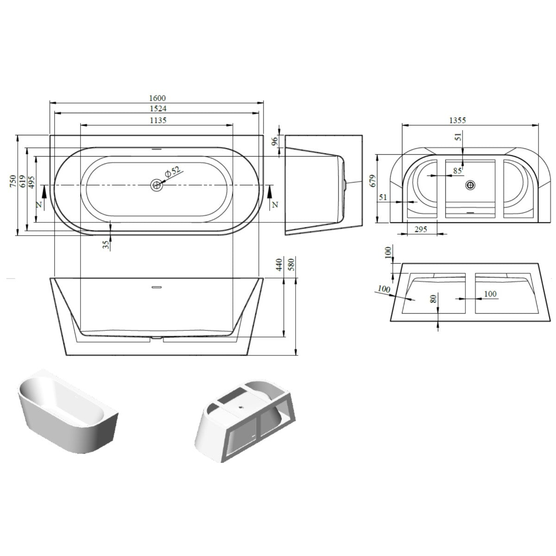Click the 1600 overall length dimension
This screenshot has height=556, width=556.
tap(158, 98)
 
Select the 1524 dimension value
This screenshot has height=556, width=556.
tap(158, 109)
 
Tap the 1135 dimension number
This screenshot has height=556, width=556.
tap(158, 120)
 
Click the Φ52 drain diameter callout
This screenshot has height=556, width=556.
tap(172, 172)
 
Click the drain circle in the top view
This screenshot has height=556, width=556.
tap(157, 185)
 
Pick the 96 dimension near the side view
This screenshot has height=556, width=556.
tap(274, 141)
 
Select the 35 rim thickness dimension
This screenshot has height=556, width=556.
tap(106, 245)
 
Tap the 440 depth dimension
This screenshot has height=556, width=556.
tap(279, 265)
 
